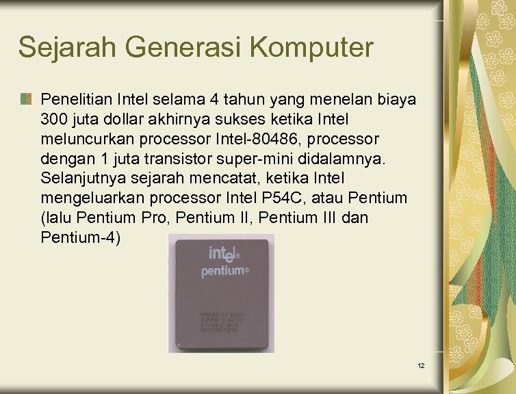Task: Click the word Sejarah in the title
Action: [62, 48]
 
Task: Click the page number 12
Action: [421, 366]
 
